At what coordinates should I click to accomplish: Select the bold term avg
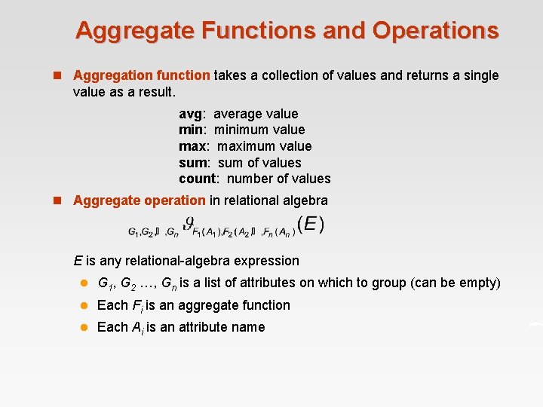(x=191, y=114)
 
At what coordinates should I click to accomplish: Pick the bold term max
(x=193, y=146)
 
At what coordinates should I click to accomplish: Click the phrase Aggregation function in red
(x=142, y=75)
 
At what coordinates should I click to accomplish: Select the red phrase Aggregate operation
(x=139, y=200)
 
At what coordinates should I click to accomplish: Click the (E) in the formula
(x=311, y=224)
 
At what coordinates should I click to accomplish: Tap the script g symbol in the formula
(x=189, y=223)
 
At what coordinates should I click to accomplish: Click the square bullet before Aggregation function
(x=57, y=75)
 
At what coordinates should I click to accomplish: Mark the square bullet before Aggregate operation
(x=57, y=200)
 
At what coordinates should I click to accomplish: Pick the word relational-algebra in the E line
(x=173, y=261)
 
